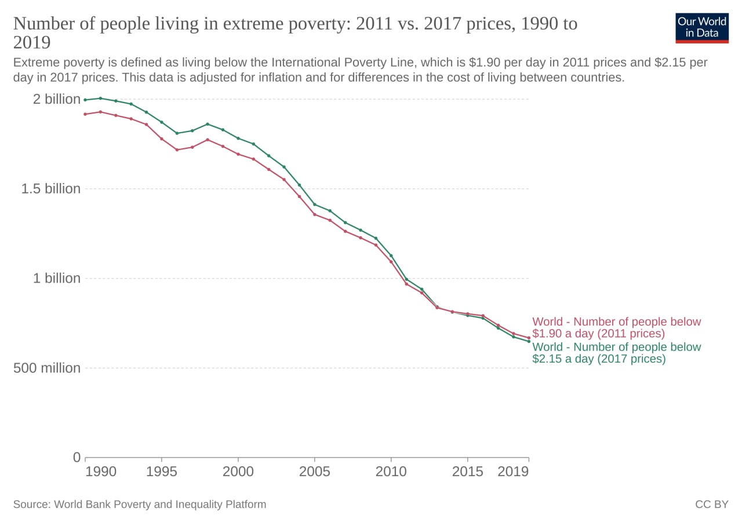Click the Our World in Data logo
702,28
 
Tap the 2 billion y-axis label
57,99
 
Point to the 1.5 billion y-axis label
51,189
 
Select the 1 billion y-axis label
57,279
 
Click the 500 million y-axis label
47,368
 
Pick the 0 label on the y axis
77,458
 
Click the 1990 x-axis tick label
101,471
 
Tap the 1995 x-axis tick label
162,471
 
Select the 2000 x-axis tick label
238,471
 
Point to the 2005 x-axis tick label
315,471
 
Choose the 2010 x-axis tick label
391,471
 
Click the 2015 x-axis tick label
468,471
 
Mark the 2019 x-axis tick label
513,471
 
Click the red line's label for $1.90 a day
616,327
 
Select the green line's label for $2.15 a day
616,353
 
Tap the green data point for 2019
529,341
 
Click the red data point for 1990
85,114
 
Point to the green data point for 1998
208,124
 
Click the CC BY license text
712,504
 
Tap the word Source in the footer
32,504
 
